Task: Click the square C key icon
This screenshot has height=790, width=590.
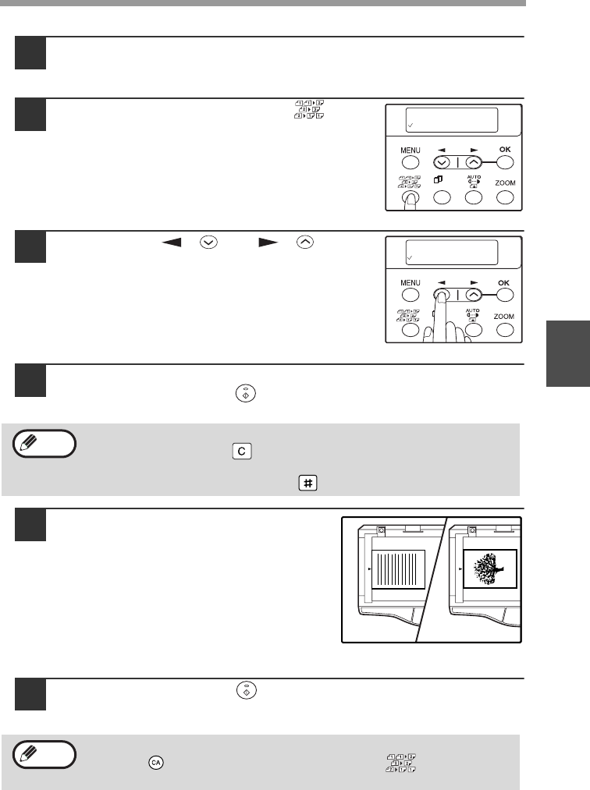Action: (x=242, y=451)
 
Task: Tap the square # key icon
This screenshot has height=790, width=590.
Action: (x=307, y=483)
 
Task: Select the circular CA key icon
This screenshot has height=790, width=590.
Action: (x=156, y=762)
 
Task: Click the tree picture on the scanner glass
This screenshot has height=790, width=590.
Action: (x=488, y=569)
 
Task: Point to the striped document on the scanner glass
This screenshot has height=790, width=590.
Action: (x=398, y=569)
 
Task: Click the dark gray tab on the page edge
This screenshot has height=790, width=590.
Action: (x=568, y=353)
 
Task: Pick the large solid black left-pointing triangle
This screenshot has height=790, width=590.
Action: (x=172, y=243)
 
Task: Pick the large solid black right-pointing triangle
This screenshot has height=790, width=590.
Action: (x=268, y=243)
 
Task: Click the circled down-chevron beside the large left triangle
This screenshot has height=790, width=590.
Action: (x=208, y=243)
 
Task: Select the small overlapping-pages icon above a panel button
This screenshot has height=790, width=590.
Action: (x=438, y=179)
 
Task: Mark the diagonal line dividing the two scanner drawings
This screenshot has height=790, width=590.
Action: (x=432, y=579)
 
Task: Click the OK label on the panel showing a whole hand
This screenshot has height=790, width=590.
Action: (x=504, y=282)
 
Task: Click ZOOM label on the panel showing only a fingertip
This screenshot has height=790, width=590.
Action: (x=505, y=183)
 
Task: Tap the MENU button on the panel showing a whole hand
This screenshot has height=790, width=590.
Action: (x=411, y=296)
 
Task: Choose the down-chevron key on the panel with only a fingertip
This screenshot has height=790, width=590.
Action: (x=442, y=163)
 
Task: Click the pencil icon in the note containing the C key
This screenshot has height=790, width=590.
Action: (x=28, y=443)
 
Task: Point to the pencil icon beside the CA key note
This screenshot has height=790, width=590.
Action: (x=28, y=753)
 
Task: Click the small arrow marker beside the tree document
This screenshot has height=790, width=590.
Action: (x=460, y=569)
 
